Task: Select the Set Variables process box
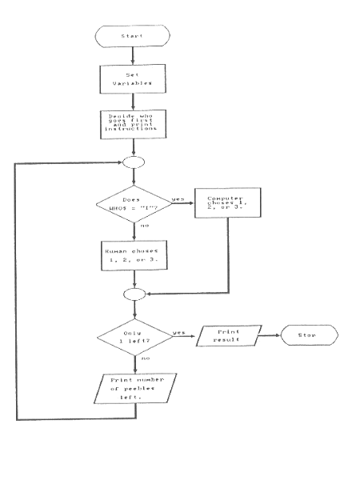[x=133, y=78]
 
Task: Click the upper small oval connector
[x=133, y=162]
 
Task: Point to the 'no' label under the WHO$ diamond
[x=144, y=227]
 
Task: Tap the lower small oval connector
[x=133, y=294]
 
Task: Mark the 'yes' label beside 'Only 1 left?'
[x=178, y=330]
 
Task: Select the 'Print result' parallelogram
[x=232, y=335]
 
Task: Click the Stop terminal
[x=308, y=335]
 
